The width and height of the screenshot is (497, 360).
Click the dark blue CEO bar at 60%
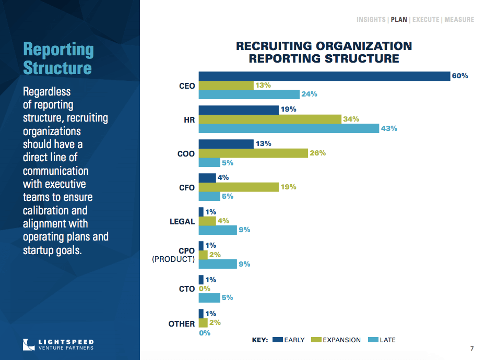point(324,76)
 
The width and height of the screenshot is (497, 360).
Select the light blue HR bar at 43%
point(289,128)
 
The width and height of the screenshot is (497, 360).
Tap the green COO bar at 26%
point(253,153)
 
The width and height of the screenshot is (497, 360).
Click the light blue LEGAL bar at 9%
point(218,230)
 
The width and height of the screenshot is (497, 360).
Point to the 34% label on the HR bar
point(351,119)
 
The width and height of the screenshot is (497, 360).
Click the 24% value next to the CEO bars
point(309,94)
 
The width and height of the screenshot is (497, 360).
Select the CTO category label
point(187,289)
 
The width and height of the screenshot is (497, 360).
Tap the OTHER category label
point(182,324)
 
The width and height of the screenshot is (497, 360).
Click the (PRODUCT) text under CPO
point(173,259)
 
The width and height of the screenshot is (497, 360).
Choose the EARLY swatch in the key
point(277,340)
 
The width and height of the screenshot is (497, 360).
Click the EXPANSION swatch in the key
point(315,340)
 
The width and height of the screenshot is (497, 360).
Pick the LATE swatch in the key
point(373,340)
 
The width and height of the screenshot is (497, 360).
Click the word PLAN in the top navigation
point(399,20)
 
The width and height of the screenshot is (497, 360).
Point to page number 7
point(472,349)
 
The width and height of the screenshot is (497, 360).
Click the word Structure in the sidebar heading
point(57,68)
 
